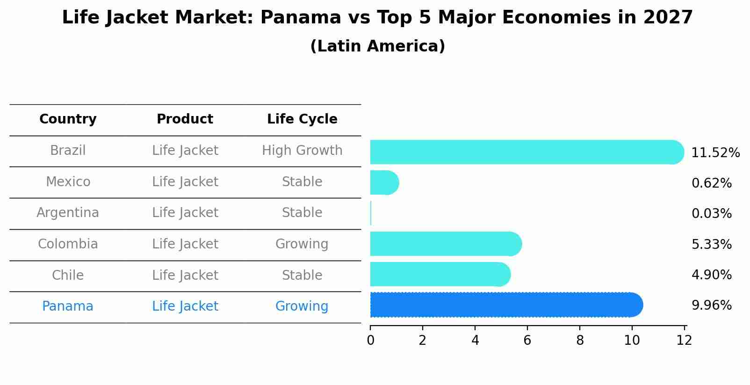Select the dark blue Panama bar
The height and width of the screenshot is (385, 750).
[x=505, y=305]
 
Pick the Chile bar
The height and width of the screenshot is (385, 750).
[x=440, y=274]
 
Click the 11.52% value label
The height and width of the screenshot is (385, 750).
[x=715, y=153]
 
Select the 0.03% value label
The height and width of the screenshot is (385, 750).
[x=711, y=214]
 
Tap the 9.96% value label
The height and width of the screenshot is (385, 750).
[x=711, y=305]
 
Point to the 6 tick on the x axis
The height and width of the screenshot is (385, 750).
[x=527, y=341]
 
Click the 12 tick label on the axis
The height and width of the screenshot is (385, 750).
[x=684, y=341]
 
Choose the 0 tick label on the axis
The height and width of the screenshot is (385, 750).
[x=370, y=341]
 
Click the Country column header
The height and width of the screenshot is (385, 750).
[x=68, y=119]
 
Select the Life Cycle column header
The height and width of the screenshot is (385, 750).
[x=302, y=119]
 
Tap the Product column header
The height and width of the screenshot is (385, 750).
[x=185, y=119]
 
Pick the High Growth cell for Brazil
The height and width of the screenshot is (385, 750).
[x=302, y=151]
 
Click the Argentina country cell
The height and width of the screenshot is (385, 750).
[x=68, y=213]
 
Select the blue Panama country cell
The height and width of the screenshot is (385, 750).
[x=68, y=306]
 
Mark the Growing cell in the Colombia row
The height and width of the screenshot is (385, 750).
[x=302, y=244]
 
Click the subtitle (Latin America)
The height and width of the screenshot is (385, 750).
[x=377, y=46]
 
